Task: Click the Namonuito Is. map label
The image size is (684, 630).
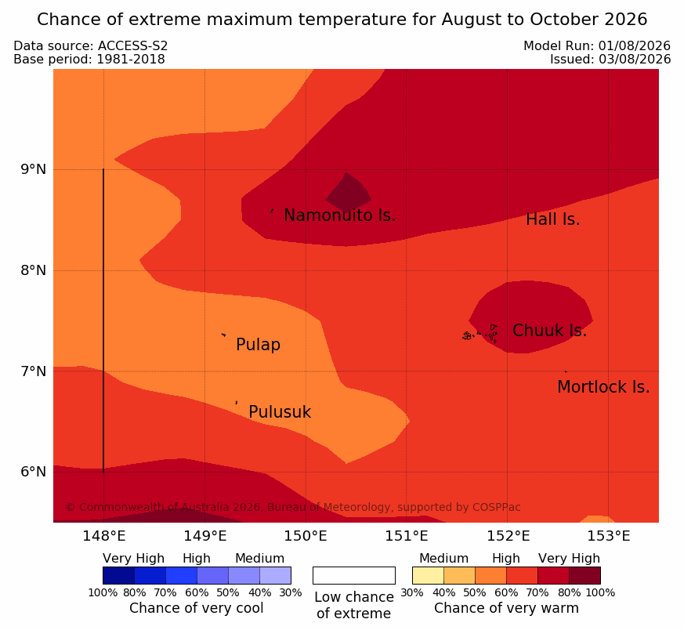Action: click(340, 215)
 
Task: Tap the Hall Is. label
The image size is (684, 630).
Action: click(552, 219)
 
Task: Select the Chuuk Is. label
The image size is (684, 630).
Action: click(549, 331)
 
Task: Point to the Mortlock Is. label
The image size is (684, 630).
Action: click(603, 387)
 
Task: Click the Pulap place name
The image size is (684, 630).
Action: click(258, 345)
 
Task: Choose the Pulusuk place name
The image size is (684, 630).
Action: click(280, 412)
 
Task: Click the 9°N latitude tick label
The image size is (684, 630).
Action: click(33, 169)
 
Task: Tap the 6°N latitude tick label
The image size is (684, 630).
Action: click(33, 472)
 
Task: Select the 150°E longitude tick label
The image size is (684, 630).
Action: click(306, 536)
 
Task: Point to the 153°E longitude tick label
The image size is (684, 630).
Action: click(609, 536)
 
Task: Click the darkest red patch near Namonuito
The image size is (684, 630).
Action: click(348, 193)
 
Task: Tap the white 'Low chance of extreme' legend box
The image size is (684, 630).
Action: click(354, 575)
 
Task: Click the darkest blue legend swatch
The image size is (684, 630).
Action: click(118, 575)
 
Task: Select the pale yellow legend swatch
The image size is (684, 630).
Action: click(428, 575)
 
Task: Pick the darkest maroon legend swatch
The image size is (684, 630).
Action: click(585, 575)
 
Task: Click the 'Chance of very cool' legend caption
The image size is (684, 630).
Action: click(197, 608)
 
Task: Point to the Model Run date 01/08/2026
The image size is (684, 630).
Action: click(635, 45)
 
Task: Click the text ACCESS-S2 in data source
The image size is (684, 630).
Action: click(132, 45)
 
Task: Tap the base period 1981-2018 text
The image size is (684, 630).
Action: click(131, 59)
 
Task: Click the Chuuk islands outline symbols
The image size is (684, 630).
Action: click(480, 334)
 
